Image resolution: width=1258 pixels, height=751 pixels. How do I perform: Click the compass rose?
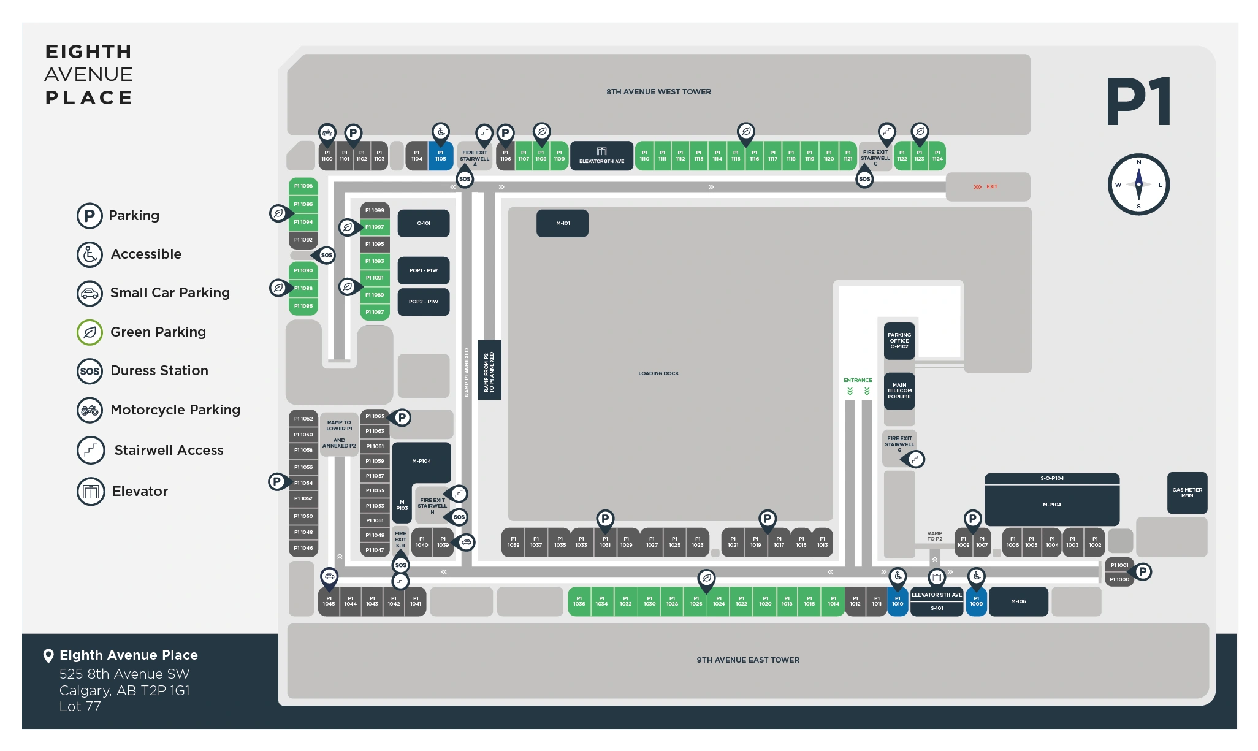pyautogui.click(x=1138, y=185)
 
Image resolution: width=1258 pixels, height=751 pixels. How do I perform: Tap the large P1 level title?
pyautogui.click(x=1138, y=102)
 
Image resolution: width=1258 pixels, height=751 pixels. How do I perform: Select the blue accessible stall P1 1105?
pyautogui.click(x=440, y=156)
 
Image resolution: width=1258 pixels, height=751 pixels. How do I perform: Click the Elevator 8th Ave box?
pyautogui.click(x=601, y=156)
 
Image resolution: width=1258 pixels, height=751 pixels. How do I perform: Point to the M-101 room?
pyautogui.click(x=562, y=223)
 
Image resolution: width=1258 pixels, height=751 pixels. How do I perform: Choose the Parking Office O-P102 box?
pyautogui.click(x=899, y=341)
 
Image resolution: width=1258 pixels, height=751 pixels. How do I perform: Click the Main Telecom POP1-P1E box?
pyautogui.click(x=899, y=391)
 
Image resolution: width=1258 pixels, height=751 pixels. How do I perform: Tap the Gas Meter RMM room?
pyautogui.click(x=1187, y=492)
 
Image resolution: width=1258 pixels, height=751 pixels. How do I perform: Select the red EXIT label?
pyautogui.click(x=991, y=186)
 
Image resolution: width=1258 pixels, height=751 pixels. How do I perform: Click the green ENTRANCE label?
pyautogui.click(x=857, y=380)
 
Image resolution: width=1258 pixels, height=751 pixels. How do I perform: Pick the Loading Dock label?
pyautogui.click(x=658, y=373)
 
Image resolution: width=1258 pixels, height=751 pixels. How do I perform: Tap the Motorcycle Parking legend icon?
pyautogui.click(x=90, y=410)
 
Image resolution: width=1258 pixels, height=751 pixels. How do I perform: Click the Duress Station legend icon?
pyautogui.click(x=90, y=371)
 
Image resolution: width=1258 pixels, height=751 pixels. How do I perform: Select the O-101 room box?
pyautogui.click(x=424, y=223)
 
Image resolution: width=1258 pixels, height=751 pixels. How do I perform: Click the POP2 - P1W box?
pyautogui.click(x=424, y=302)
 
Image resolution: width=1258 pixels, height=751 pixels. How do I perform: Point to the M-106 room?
pyautogui.click(x=1018, y=601)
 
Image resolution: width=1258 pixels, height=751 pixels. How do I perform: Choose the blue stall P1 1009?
pyautogui.click(x=976, y=601)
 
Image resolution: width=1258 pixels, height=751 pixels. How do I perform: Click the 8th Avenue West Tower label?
pyautogui.click(x=658, y=92)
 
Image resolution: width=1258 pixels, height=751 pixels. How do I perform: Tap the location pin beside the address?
pyautogui.click(x=48, y=656)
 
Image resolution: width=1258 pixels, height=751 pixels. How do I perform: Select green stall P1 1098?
pyautogui.click(x=303, y=186)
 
